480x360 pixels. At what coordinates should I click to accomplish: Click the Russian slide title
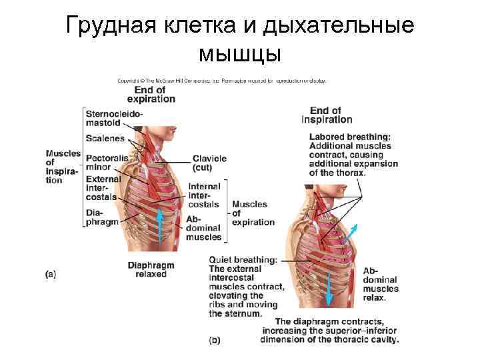tap(240, 39)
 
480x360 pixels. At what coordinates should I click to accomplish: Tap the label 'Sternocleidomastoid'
tap(113, 118)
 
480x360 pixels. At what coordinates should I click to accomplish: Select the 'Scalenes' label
tap(105, 138)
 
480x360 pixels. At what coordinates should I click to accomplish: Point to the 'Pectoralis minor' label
tap(107, 163)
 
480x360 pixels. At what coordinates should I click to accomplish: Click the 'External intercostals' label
tap(103, 188)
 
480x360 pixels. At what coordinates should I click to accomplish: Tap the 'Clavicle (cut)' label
tap(209, 163)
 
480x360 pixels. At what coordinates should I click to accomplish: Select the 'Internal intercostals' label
tap(204, 195)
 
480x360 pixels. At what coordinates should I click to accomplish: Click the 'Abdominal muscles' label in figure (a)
tap(203, 228)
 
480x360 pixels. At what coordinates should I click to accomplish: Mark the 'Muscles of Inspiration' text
tap(62, 167)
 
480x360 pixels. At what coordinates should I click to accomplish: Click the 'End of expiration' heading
tap(151, 94)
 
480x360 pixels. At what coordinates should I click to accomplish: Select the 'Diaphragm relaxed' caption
tap(151, 269)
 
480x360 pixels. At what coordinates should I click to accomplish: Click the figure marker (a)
tap(50, 273)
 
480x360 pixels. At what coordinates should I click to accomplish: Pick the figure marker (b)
tap(215, 340)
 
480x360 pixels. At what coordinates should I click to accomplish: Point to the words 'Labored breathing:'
tap(350, 137)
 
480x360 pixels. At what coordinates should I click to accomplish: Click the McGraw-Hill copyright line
tap(221, 81)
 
